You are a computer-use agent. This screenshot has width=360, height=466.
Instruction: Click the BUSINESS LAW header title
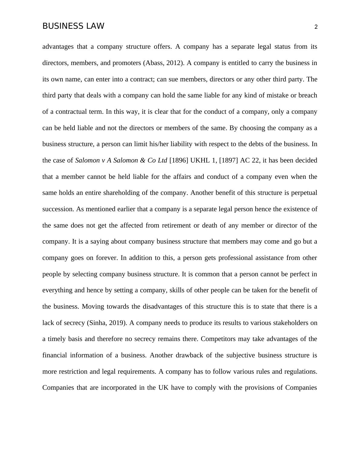[x=73, y=26]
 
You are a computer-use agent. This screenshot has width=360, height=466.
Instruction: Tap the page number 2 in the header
[x=316, y=27]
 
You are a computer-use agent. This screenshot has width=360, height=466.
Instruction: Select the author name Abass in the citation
[x=155, y=63]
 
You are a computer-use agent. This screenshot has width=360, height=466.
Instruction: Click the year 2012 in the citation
[x=174, y=63]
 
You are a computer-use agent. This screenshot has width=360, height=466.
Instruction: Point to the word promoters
[x=126, y=63]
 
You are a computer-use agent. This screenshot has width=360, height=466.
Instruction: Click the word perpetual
[x=304, y=193]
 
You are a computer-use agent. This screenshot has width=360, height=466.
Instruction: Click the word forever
[x=106, y=258]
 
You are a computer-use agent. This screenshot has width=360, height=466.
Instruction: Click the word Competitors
[x=218, y=339]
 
